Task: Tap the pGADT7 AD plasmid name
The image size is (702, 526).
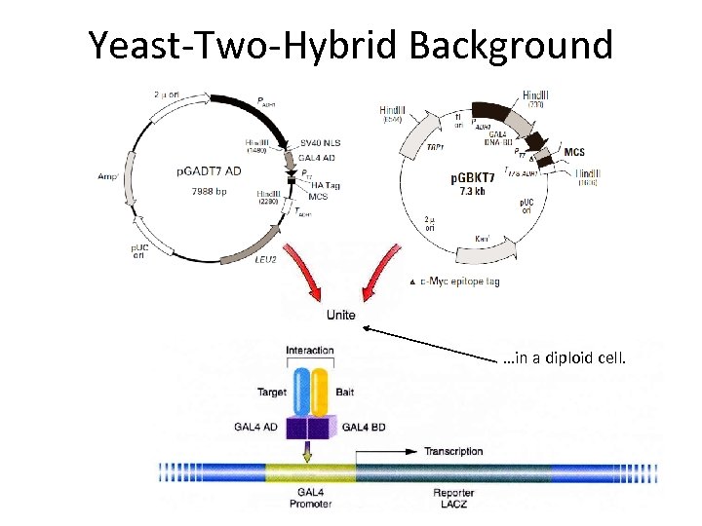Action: coord(210,171)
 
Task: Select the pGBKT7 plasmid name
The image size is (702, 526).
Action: coord(471,179)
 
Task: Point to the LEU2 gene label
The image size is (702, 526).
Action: coord(266,260)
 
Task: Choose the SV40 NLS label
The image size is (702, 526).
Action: coord(322,143)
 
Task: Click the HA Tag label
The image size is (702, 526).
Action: coord(326,185)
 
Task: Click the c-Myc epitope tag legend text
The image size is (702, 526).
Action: coord(459,282)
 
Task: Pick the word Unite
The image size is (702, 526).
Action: coord(340,315)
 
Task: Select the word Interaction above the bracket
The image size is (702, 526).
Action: coord(309,351)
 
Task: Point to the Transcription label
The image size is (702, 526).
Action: coord(453,451)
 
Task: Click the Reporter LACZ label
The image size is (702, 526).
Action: coord(453,499)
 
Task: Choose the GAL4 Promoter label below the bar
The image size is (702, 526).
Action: coord(309,499)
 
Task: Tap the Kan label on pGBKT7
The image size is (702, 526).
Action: coord(482,238)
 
